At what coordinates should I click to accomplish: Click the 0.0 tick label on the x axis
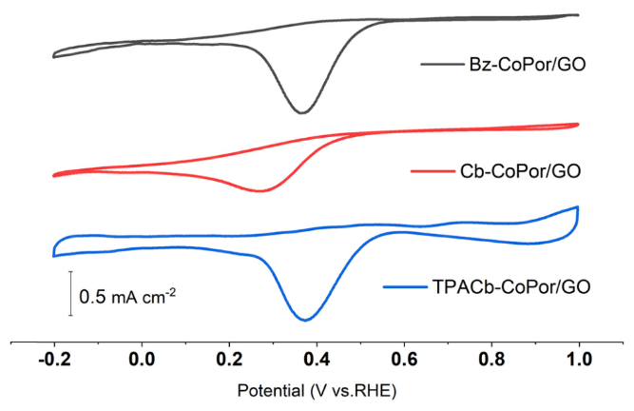coord(142,361)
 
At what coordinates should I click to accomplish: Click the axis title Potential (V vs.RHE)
coord(315,391)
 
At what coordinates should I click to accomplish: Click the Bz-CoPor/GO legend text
coord(527,65)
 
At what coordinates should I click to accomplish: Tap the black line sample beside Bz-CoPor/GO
coord(440,65)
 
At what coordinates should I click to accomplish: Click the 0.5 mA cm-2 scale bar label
coord(128,296)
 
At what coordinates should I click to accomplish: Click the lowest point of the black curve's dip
coord(302,113)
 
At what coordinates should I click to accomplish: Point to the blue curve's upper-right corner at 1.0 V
coord(577,206)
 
